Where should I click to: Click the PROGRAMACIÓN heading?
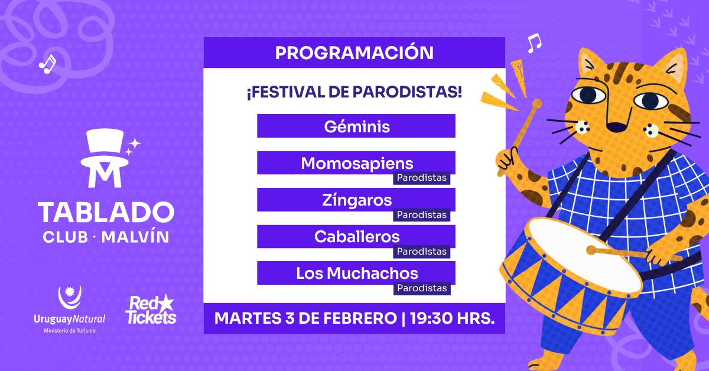[x=354, y=53]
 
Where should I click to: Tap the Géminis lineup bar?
[x=356, y=126]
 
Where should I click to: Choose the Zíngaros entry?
[x=357, y=200]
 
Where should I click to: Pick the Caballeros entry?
[x=357, y=236]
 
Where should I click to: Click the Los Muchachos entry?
[x=357, y=273]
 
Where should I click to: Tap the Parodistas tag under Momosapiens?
[x=422, y=178]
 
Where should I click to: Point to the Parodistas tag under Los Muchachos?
[x=422, y=288]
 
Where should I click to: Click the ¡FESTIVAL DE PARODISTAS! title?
[x=354, y=92]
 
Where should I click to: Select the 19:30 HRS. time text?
[x=453, y=318]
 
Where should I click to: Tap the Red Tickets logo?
[x=151, y=310]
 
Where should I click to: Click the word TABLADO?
[x=106, y=213]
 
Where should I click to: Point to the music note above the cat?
[x=534, y=43]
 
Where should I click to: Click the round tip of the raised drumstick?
[x=537, y=103]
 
